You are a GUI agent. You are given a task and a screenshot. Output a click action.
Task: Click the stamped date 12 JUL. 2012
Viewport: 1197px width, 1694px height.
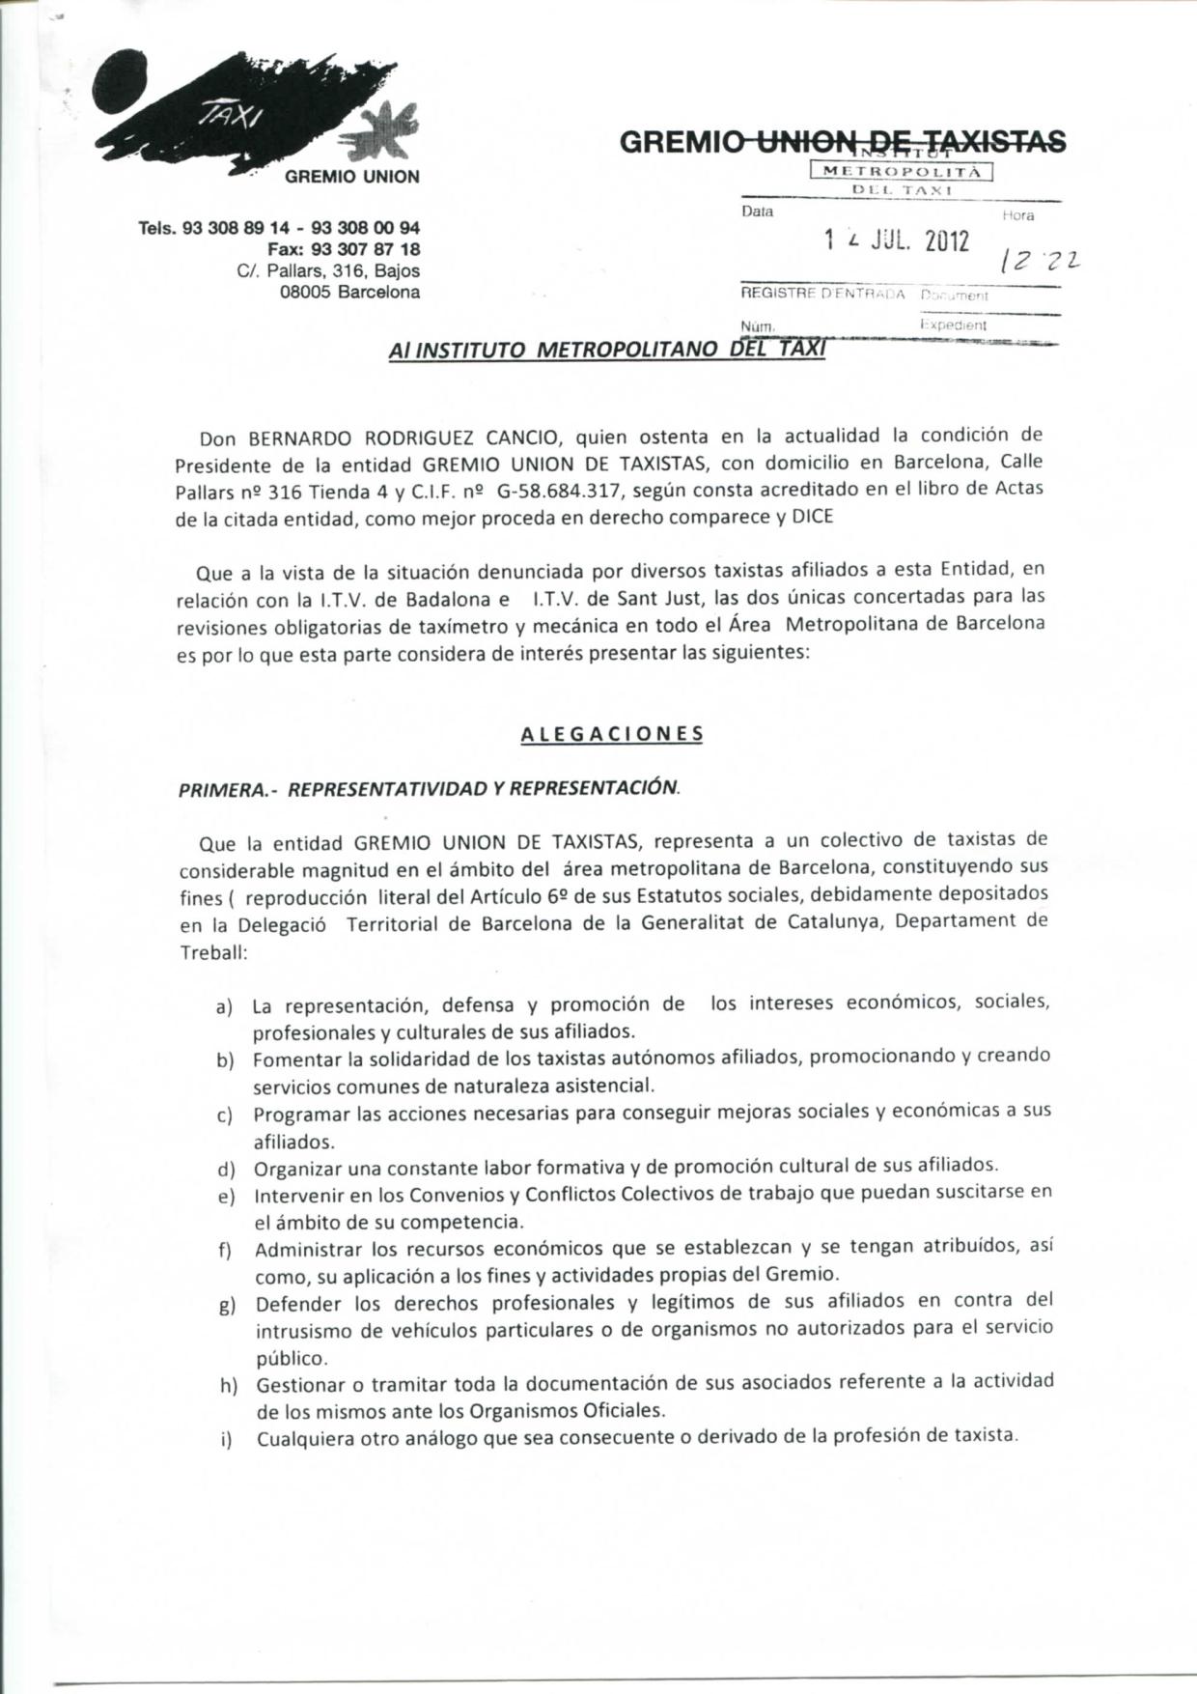point(898,240)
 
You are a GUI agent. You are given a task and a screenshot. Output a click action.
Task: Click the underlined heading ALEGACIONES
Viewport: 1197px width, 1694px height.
point(612,734)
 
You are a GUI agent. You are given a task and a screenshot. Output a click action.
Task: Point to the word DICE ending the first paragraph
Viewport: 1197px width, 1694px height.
point(813,517)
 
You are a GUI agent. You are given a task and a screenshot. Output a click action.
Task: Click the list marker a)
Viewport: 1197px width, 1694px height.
point(225,1006)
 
